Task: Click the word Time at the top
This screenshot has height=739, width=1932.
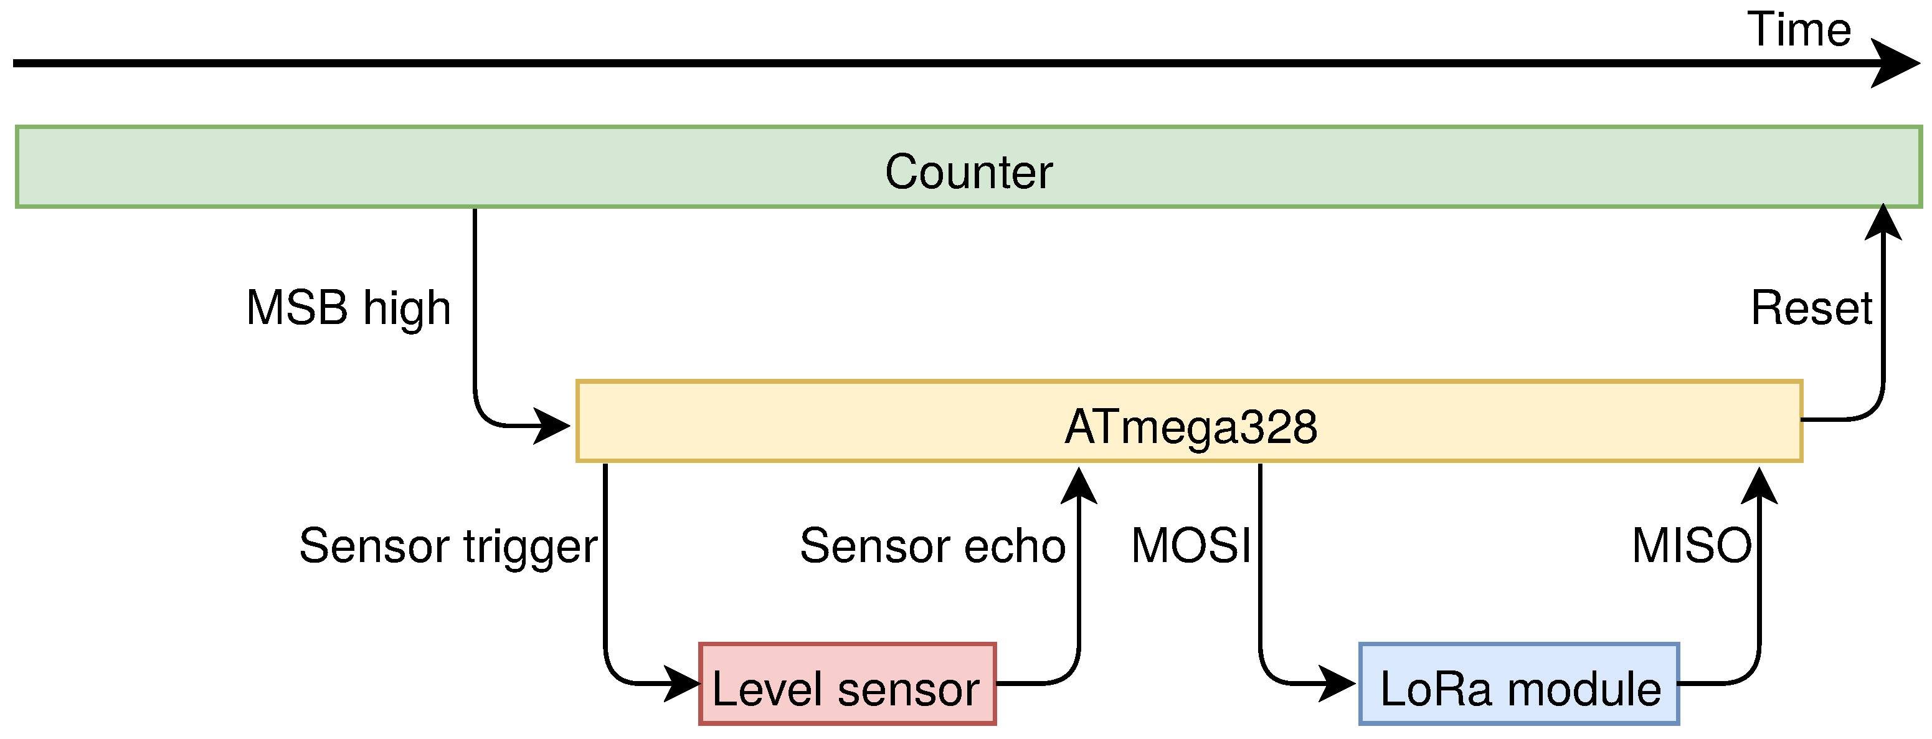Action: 1799,30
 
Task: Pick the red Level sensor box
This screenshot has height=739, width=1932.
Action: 847,684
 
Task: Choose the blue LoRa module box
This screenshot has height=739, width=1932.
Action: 1518,684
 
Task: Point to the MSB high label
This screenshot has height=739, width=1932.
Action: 349,308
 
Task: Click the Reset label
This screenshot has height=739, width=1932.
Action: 1811,308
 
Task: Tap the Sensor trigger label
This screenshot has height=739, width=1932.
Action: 448,545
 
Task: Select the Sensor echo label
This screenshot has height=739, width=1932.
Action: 932,545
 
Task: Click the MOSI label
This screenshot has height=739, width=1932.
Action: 1191,545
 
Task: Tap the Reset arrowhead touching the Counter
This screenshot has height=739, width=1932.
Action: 1883,222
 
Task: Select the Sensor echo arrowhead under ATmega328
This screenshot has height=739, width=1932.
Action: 1079,485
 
